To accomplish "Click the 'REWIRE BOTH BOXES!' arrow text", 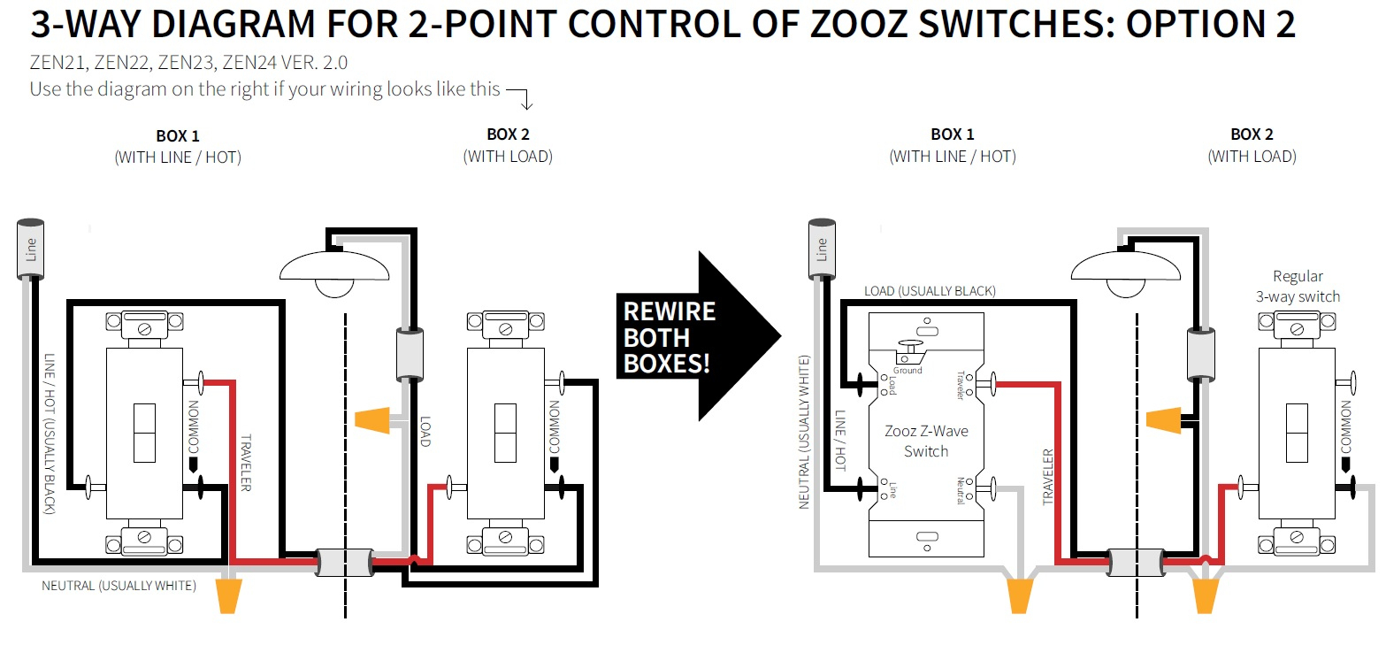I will click(669, 337).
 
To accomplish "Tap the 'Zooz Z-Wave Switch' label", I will click(926, 441).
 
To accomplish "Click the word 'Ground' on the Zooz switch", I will click(907, 370).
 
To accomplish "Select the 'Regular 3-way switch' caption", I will click(1298, 286).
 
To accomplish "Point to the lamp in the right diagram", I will click(1125, 270).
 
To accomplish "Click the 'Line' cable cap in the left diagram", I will click(32, 250).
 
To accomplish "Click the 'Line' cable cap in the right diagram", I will click(822, 250).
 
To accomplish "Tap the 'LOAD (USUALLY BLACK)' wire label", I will click(930, 290).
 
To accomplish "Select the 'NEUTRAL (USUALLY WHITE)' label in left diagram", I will click(119, 586).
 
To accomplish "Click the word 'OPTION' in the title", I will click(1193, 25).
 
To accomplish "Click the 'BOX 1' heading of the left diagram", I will click(177, 135).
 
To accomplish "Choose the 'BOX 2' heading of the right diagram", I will click(1252, 134).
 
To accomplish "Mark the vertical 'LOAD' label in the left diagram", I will click(425, 431).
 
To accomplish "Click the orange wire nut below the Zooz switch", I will click(1020, 595).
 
